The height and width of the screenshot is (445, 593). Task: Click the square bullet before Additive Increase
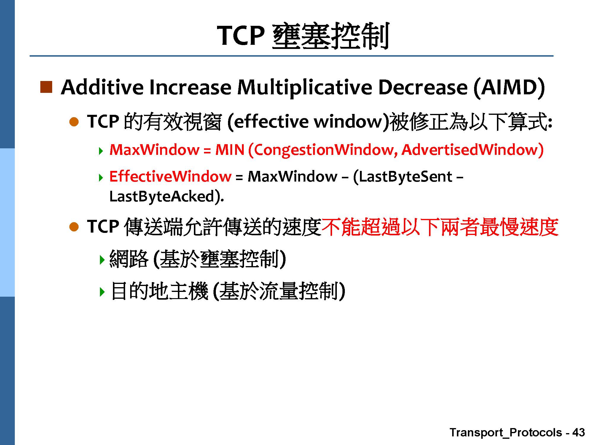[x=46, y=87]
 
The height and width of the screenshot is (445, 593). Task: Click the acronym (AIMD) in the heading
[x=509, y=88]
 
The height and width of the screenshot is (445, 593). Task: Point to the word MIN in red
[x=230, y=150]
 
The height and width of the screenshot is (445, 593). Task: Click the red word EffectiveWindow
[x=170, y=176]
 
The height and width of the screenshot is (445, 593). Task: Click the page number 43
[x=578, y=432]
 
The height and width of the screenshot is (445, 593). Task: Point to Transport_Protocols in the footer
[x=506, y=433]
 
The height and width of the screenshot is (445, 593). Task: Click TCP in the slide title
[x=241, y=36]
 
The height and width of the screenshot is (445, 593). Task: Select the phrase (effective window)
[x=308, y=122]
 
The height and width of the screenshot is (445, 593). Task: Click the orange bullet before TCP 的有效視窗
[x=74, y=122]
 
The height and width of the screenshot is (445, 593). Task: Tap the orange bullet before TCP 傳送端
[x=74, y=227]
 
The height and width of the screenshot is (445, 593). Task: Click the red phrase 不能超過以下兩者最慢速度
[x=440, y=227]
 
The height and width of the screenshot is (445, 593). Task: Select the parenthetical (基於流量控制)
[x=279, y=291]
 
